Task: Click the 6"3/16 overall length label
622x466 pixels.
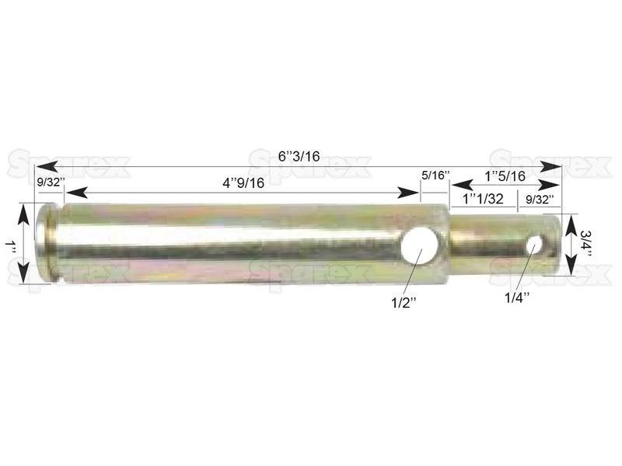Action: click(299, 156)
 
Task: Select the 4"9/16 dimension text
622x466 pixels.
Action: click(243, 183)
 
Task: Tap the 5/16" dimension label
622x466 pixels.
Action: click(435, 176)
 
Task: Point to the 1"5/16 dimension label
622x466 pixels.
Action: click(505, 176)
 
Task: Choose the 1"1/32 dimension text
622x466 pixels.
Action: click(483, 199)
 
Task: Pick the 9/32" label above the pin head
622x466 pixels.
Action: click(51, 183)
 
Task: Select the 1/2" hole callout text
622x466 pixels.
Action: click(404, 303)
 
